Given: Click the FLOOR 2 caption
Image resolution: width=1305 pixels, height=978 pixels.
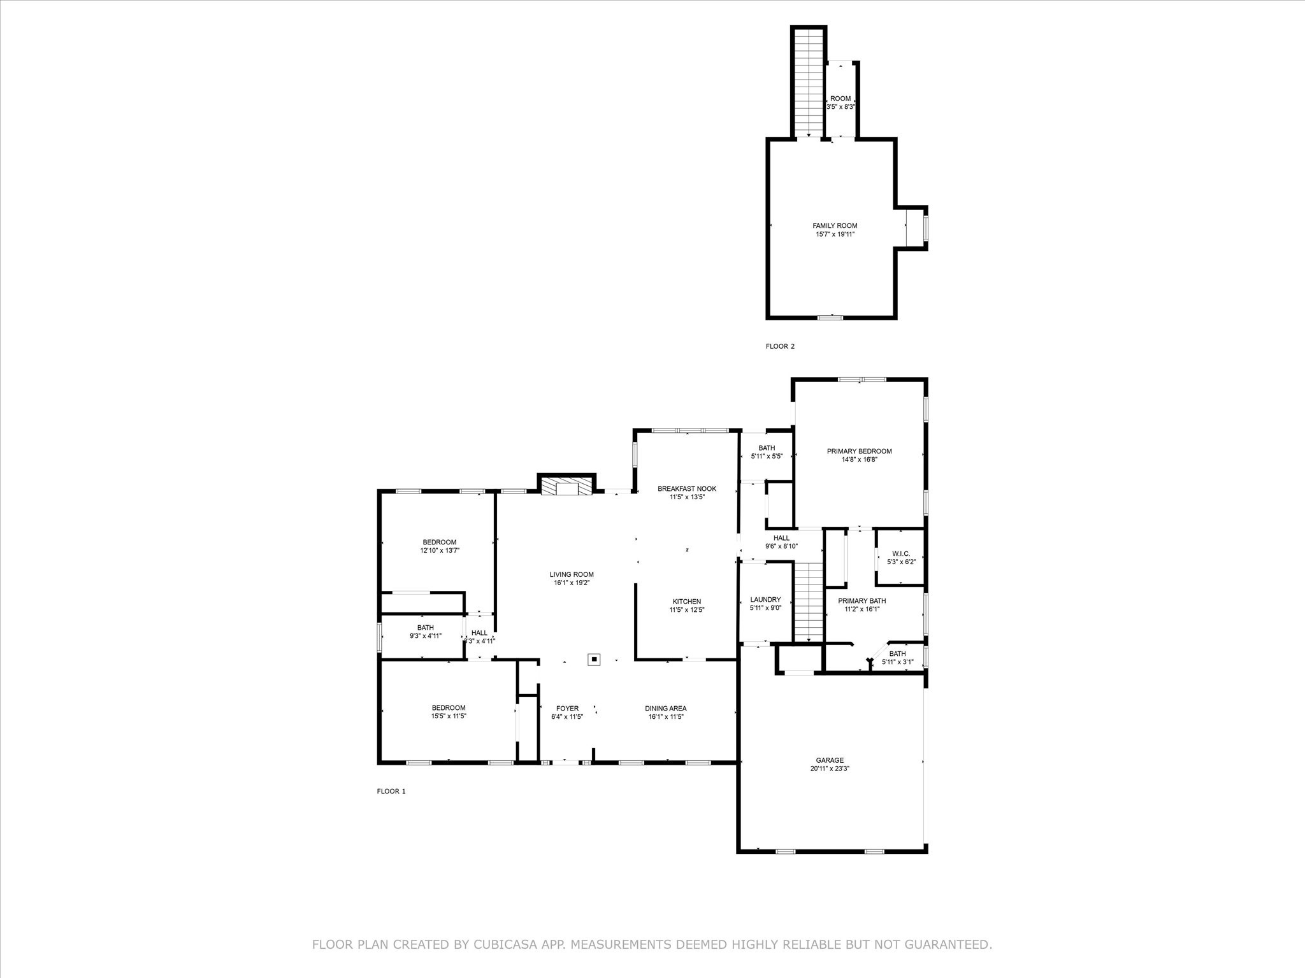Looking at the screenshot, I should [x=780, y=346].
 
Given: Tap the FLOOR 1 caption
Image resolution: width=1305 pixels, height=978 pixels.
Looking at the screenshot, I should [x=391, y=791].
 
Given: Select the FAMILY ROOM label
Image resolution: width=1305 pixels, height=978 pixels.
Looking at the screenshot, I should [x=835, y=225].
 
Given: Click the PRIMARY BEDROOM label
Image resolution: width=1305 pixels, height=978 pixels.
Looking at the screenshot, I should [x=859, y=451].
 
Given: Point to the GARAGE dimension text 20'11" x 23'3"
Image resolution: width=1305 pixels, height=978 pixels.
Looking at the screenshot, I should [x=830, y=769].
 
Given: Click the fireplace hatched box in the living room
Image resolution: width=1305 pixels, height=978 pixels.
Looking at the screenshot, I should [x=566, y=488].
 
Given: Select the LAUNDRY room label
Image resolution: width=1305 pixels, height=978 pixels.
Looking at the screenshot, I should [x=765, y=599].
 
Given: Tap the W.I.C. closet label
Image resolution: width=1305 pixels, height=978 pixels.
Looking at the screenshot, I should [x=901, y=553].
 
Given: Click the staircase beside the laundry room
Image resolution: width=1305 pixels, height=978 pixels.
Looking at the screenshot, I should [x=809, y=602].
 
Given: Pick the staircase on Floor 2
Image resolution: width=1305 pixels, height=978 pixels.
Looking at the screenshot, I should [x=809, y=83].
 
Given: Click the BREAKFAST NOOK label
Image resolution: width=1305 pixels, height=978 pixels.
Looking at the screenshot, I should [x=687, y=489].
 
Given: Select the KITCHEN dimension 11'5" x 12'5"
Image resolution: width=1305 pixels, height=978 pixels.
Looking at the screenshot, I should [x=687, y=610].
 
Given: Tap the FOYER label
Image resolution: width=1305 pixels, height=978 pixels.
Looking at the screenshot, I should [x=567, y=708].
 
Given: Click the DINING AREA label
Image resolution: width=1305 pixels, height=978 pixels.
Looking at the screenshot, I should [x=665, y=708].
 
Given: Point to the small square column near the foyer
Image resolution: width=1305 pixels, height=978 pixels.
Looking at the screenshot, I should [x=594, y=660].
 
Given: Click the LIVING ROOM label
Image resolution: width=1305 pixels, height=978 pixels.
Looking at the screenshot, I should [x=572, y=574].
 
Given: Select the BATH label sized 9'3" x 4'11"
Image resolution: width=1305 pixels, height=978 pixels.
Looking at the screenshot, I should [x=425, y=628].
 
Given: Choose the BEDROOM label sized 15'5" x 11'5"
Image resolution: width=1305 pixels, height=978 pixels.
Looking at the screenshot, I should [x=449, y=707].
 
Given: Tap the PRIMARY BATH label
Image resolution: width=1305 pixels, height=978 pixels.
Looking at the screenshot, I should [x=862, y=600].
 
